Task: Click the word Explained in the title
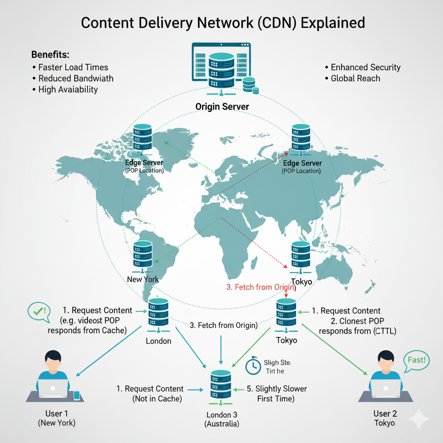[333, 22]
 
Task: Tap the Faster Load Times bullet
[73, 67]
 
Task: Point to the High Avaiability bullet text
[68, 90]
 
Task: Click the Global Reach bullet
[355, 78]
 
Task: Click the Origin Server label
[222, 106]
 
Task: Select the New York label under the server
[143, 279]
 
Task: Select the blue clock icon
[253, 366]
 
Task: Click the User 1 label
[57, 414]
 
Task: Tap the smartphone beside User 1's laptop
[77, 395]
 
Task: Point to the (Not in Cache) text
[157, 398]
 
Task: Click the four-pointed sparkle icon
[418, 418]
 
